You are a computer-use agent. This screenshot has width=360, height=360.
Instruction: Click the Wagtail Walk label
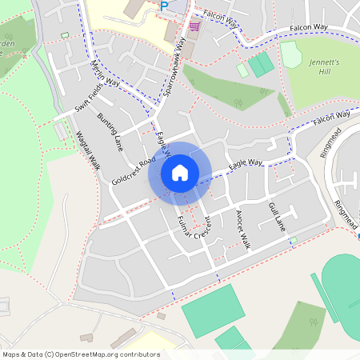pos(87,150)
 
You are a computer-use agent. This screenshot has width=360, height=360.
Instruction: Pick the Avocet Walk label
pos(242,230)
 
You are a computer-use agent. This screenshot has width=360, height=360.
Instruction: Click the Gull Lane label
pos(276,217)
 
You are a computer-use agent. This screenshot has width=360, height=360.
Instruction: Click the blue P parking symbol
pos(164,6)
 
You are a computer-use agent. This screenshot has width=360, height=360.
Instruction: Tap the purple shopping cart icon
pos(194,26)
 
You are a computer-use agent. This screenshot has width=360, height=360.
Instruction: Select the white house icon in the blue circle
pos(180,173)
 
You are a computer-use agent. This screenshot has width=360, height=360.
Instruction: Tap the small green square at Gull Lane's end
pos(294,240)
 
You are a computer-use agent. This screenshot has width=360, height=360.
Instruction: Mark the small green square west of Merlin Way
pos(64,35)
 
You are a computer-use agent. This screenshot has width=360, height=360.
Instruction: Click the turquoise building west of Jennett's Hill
pos(260,65)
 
